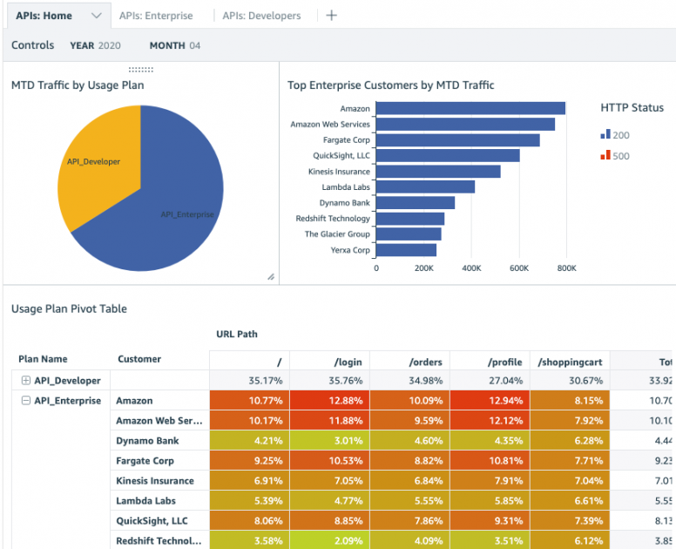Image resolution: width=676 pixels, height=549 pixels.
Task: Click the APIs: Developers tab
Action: tap(261, 16)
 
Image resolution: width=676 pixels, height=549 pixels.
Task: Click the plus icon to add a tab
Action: tap(331, 16)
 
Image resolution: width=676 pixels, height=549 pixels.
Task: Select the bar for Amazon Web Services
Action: tap(465, 125)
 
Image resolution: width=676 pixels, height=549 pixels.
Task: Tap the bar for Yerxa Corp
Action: tap(406, 250)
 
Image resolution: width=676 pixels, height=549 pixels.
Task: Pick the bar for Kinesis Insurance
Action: tap(438, 172)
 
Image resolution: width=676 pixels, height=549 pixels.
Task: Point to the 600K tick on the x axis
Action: tap(518, 268)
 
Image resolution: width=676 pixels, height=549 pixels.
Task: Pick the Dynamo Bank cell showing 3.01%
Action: tap(330, 441)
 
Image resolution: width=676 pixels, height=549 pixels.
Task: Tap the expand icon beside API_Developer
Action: tap(26, 381)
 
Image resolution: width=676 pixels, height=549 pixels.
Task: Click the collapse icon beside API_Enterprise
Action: tap(26, 401)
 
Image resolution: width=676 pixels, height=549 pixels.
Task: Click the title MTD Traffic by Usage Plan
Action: tap(78, 85)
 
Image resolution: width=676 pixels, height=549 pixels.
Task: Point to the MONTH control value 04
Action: tap(195, 45)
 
